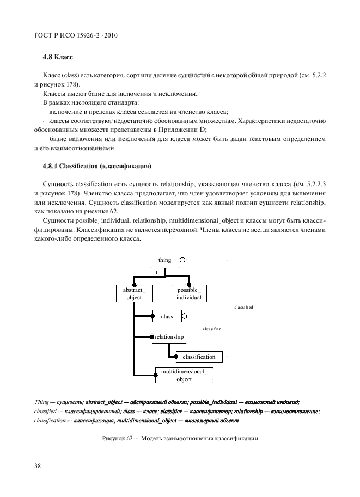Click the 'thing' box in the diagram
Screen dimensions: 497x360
164,260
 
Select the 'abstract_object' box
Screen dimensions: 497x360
134,294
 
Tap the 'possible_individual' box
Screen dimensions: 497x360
189,294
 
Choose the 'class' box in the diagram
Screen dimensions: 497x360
167,316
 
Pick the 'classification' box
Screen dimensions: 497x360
199,357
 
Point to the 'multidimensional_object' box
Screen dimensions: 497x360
184,375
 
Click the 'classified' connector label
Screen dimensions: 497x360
243,307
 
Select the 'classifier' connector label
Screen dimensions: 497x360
211,329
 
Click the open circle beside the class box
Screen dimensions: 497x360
185,316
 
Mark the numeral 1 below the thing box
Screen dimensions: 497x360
156,272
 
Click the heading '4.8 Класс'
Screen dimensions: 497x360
58,57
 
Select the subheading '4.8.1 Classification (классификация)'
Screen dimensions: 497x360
97,165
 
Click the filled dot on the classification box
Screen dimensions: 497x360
176,357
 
